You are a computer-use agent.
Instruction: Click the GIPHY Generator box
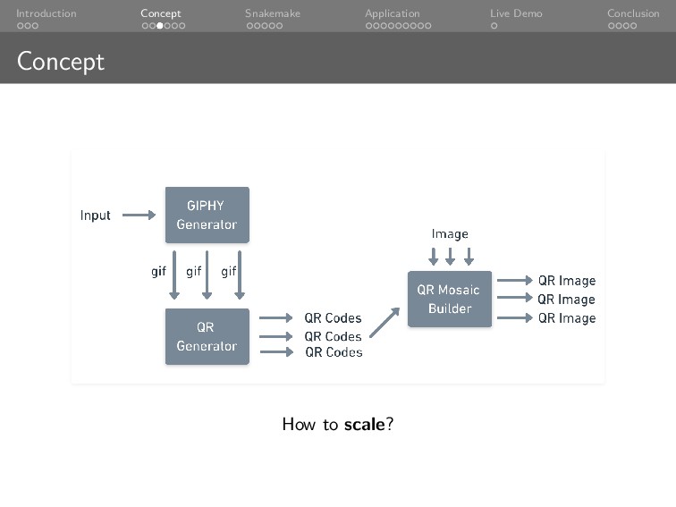tap(207, 215)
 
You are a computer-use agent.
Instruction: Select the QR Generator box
tap(207, 336)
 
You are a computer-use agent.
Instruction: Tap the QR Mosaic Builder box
tap(449, 299)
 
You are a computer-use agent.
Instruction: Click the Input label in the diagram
tap(96, 215)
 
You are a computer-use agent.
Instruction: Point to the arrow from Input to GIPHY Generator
tap(139, 215)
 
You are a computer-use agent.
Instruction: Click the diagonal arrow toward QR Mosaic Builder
tap(384, 321)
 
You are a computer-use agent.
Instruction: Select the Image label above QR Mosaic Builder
tap(450, 234)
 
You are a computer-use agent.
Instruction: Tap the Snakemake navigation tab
tap(273, 13)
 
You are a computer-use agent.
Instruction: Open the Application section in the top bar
tap(392, 13)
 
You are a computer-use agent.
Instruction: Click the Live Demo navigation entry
tap(516, 13)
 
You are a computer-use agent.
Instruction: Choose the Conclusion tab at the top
tap(633, 13)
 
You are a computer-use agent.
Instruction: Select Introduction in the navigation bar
tap(46, 13)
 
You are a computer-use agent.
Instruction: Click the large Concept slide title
tap(61, 61)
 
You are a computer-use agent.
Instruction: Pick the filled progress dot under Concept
tap(160, 26)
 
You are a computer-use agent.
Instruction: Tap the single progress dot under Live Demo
tap(494, 26)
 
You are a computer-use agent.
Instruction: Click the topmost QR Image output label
tap(566, 281)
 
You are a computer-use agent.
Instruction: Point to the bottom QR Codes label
tap(334, 352)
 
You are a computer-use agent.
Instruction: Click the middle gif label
tap(193, 271)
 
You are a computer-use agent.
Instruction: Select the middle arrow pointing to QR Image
tap(514, 300)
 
